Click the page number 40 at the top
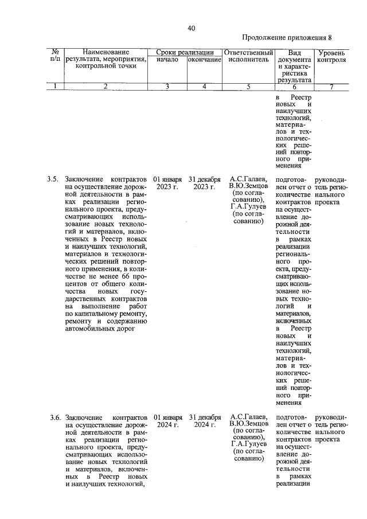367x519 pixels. click(x=191, y=29)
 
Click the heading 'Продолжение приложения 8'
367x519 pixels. click(x=287, y=38)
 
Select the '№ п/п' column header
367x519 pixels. click(x=55, y=54)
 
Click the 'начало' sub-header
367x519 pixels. click(x=167, y=59)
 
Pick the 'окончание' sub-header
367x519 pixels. click(x=204, y=59)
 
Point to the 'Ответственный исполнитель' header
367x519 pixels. click(x=248, y=55)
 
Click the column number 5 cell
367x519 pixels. click(x=248, y=87)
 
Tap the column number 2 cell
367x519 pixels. click(x=106, y=87)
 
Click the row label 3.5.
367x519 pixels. click(x=53, y=179)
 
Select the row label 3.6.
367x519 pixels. click(x=53, y=417)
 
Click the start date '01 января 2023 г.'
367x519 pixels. click(x=167, y=183)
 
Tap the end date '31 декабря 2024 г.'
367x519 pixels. click(x=205, y=421)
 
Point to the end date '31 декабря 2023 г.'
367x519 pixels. click(x=205, y=183)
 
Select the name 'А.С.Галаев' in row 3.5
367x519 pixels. click(x=248, y=179)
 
